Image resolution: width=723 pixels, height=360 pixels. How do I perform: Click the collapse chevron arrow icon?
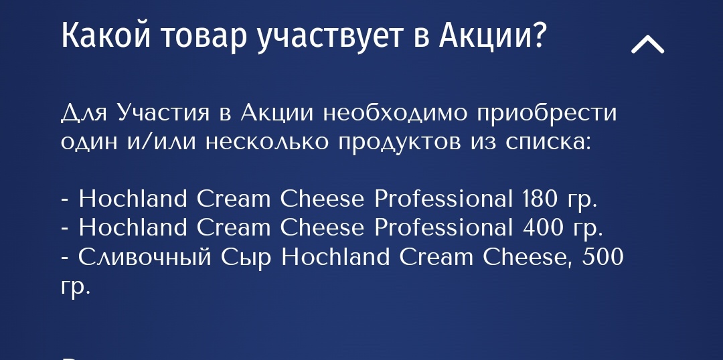tap(647, 45)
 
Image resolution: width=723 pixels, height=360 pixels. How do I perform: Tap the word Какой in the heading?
tap(106, 35)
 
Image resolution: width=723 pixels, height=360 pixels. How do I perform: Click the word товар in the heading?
tap(204, 37)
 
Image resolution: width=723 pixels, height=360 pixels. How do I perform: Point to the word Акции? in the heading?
tap(492, 36)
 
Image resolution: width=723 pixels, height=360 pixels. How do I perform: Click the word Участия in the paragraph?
tap(164, 112)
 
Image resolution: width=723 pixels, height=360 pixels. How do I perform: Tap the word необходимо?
tap(395, 112)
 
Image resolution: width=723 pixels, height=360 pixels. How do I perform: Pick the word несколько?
tap(267, 142)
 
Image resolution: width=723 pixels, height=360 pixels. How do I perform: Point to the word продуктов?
tap(399, 143)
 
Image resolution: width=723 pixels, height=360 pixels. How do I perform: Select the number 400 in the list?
tap(542, 228)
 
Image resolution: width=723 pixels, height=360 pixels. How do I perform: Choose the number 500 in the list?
tap(602, 256)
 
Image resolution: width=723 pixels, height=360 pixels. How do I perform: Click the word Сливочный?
tap(145, 258)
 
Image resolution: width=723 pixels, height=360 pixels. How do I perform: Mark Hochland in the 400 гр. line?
tap(133, 228)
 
